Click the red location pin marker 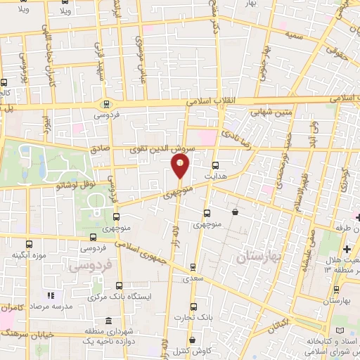[180, 166]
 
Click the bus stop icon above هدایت [215, 165]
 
